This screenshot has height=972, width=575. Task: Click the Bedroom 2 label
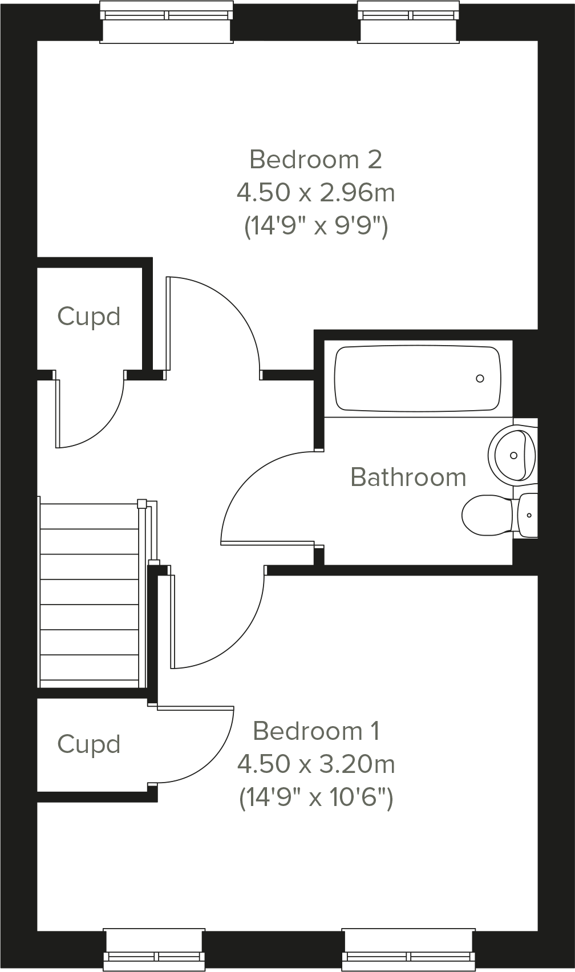[315, 160]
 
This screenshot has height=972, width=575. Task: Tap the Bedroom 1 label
[316, 731]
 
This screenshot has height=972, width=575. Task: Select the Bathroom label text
[408, 477]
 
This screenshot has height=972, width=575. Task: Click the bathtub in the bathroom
[418, 378]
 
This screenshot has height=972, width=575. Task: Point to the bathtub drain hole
[480, 378]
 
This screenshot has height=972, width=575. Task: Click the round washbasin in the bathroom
[512, 455]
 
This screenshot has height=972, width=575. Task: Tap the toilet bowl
[485, 515]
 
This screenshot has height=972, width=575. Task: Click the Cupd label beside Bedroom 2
[89, 317]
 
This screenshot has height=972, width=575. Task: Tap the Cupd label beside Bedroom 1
[89, 744]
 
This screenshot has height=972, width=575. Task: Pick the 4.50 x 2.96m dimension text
[316, 193]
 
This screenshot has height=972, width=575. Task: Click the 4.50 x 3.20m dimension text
[316, 764]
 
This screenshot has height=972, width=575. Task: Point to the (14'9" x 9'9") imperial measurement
[316, 226]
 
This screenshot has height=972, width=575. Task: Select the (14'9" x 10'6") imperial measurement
[316, 797]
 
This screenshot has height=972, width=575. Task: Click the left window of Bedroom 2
[167, 22]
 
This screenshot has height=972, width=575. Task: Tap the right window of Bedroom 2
[408, 22]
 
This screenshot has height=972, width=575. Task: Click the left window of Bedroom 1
[154, 950]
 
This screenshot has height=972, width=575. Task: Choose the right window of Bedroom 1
[408, 950]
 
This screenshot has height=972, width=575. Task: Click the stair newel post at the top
[142, 504]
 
